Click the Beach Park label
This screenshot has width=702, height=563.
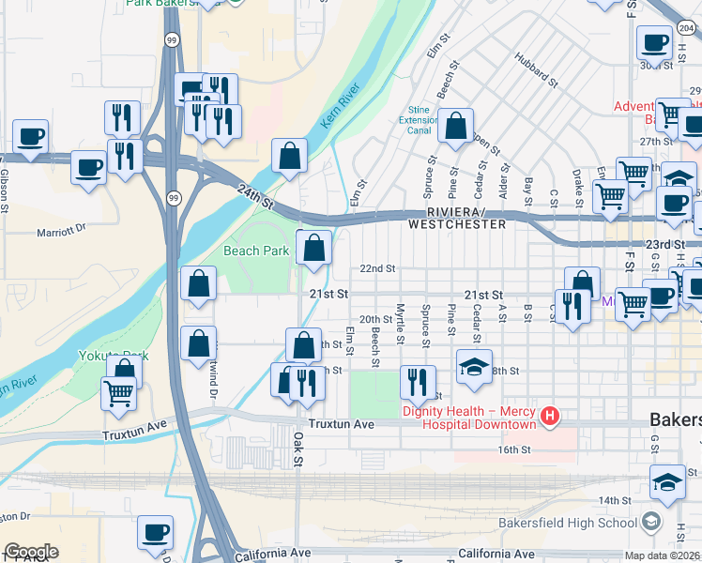pos(256,251)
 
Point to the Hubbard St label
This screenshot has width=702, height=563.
pos(536,69)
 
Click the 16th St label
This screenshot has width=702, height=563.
pos(514,450)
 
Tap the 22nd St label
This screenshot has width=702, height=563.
pos(378,268)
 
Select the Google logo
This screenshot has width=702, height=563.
pos(31,552)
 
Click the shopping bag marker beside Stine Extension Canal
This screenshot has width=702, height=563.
pos(455,127)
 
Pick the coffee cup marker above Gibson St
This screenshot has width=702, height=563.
pos(30,137)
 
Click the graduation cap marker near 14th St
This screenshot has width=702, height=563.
pos(667,483)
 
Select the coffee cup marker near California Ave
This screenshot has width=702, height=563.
pos(156,532)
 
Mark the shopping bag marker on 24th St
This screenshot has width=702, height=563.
pos(290,155)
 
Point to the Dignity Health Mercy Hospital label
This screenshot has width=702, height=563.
pos(469,418)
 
